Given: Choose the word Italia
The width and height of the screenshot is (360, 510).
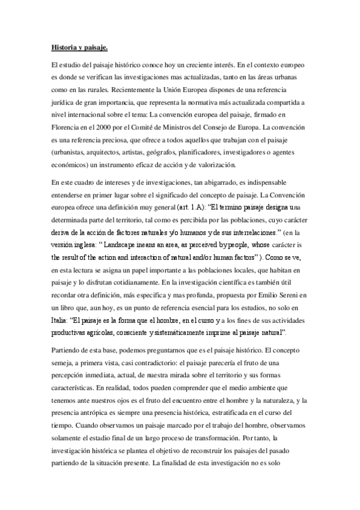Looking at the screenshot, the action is click(59, 321).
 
